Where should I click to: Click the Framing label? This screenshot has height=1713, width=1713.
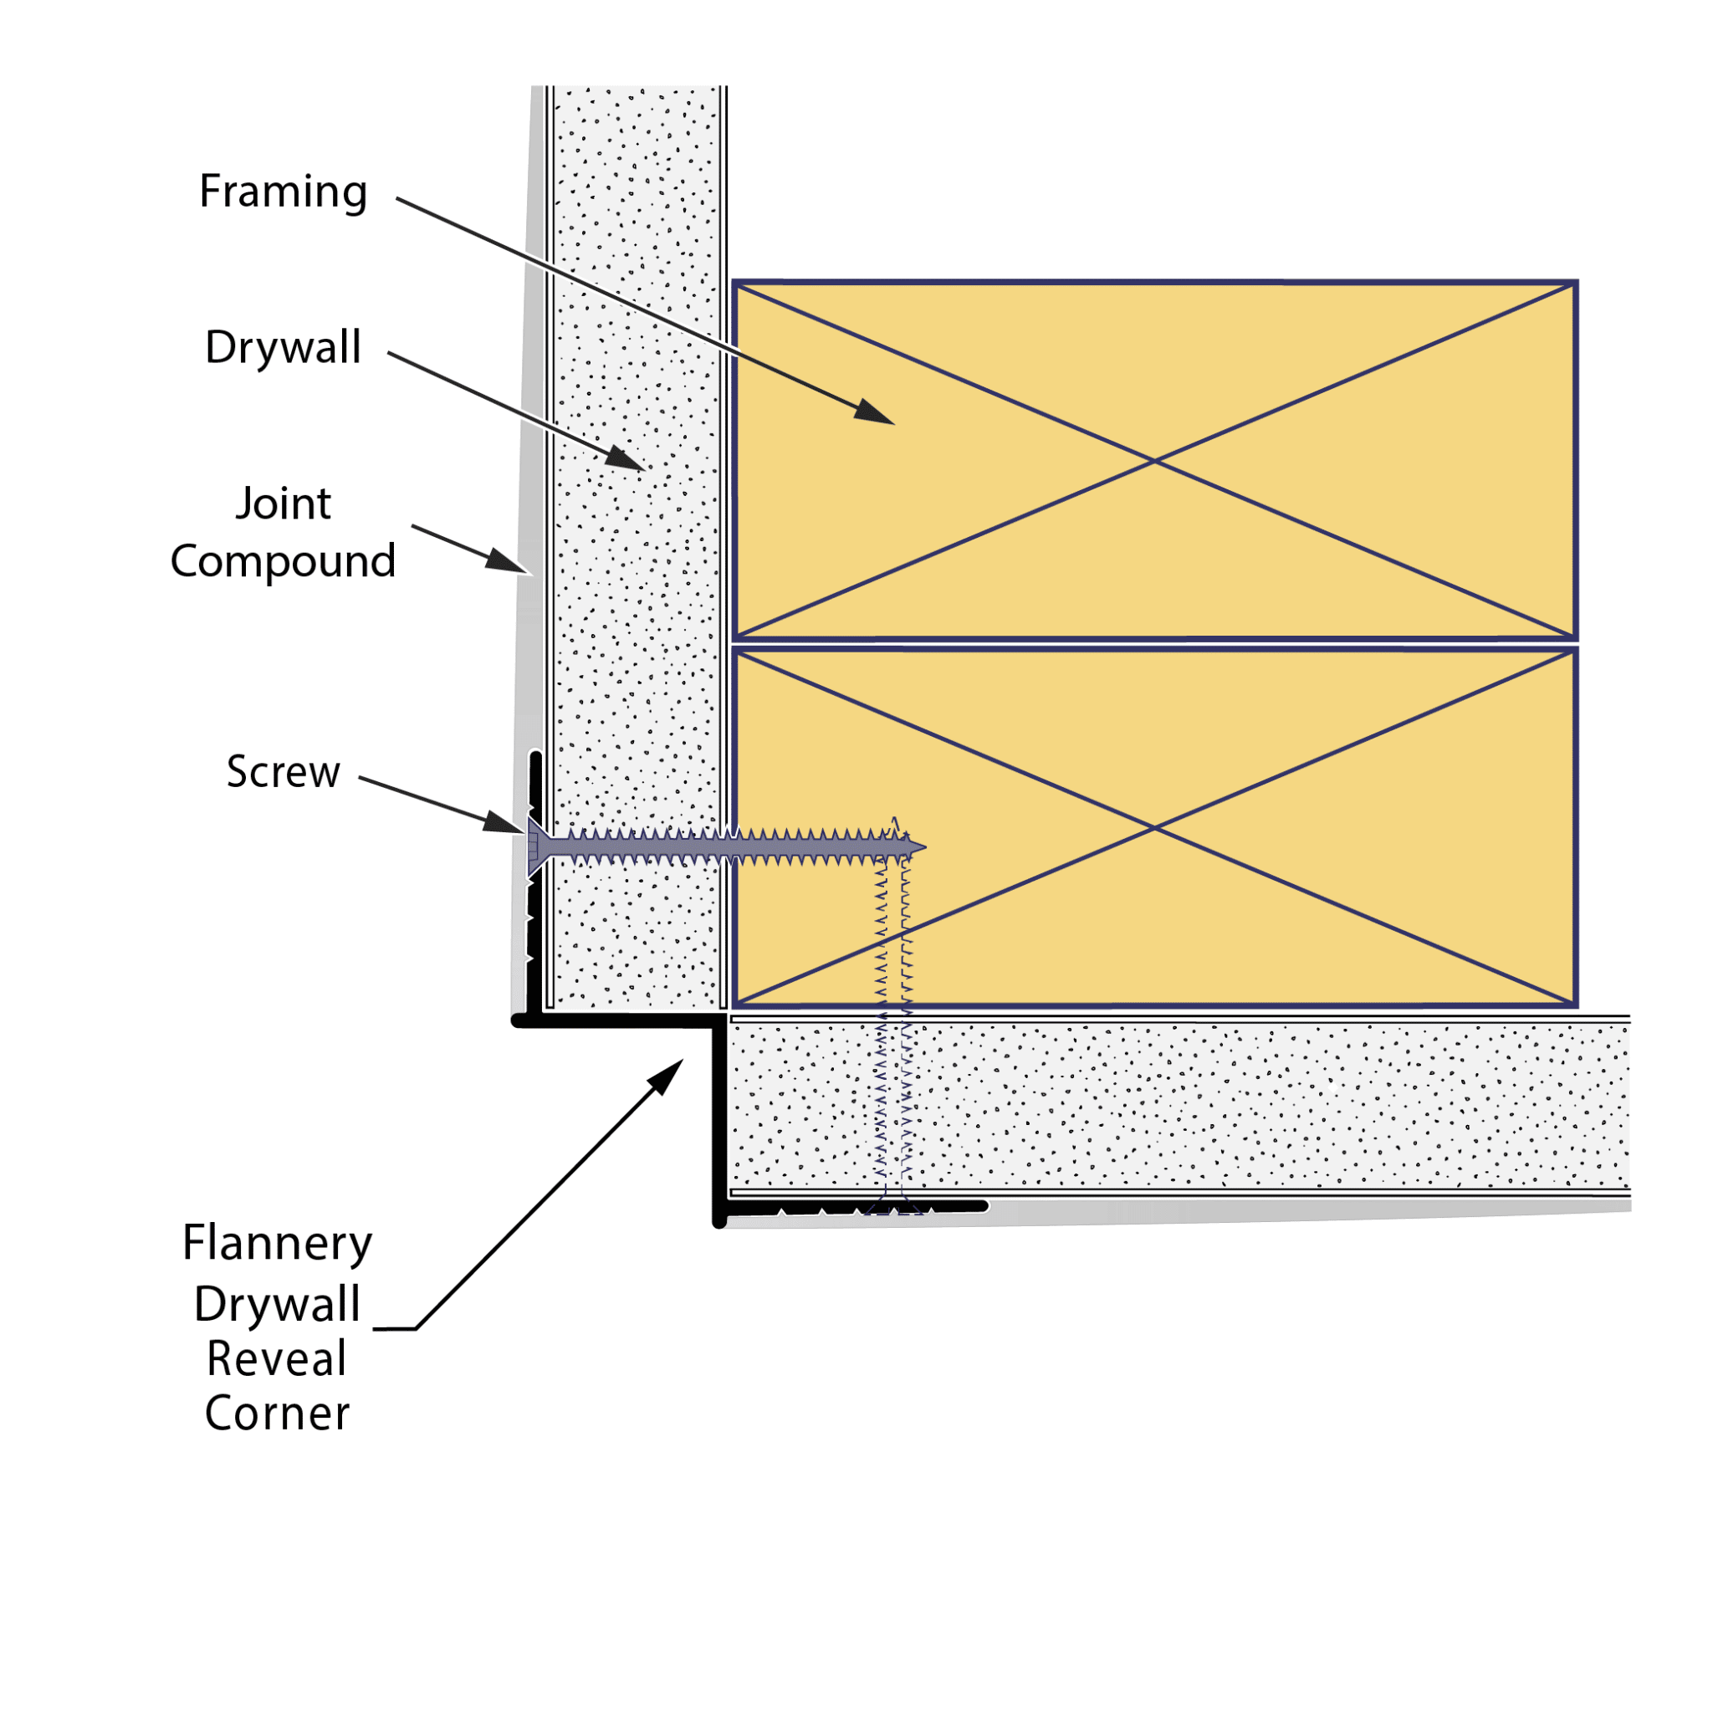(283, 192)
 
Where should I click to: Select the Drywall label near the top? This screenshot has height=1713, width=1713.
(283, 346)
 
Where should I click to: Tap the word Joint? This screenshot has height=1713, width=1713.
(284, 504)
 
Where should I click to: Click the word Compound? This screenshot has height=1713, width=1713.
(283, 562)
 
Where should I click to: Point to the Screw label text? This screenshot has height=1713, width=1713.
(284, 771)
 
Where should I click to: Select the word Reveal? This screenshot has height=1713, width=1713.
(277, 1359)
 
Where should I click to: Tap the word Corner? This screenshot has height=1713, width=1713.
(278, 1414)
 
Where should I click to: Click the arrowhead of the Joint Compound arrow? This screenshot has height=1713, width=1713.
(508, 561)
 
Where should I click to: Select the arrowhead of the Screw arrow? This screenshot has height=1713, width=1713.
(504, 822)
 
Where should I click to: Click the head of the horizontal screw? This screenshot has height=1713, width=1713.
(534, 847)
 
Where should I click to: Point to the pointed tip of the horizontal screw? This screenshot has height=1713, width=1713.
(925, 847)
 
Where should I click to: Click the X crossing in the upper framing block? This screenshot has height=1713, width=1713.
(1154, 461)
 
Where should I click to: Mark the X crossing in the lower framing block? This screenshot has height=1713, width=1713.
(1154, 827)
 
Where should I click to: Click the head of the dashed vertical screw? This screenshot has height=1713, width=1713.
(894, 1208)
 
